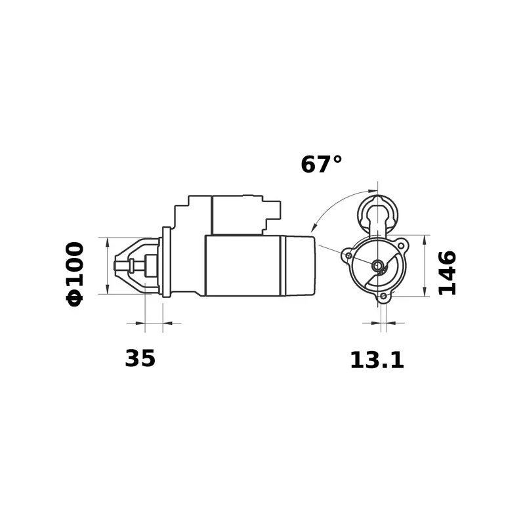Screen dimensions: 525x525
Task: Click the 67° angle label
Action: pyautogui.click(x=322, y=164)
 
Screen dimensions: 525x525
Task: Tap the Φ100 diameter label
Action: pyautogui.click(x=75, y=273)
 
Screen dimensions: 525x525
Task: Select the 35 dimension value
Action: pyautogui.click(x=140, y=358)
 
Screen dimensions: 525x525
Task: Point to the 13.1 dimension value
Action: pyautogui.click(x=377, y=360)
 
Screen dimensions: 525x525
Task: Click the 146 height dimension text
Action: pyautogui.click(x=447, y=272)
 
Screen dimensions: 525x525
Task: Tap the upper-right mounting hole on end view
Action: pyautogui.click(x=400, y=245)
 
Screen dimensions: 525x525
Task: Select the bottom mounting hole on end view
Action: pyautogui.click(x=383, y=297)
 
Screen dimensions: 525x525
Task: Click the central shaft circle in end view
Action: pyautogui.click(x=378, y=266)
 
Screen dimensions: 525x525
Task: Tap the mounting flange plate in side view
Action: pyautogui.click(x=166, y=262)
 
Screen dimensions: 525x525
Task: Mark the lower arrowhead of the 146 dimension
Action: pyautogui.click(x=425, y=291)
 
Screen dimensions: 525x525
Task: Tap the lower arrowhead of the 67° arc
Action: pyautogui.click(x=313, y=226)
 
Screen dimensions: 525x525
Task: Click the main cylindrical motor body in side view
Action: pyautogui.click(x=243, y=265)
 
